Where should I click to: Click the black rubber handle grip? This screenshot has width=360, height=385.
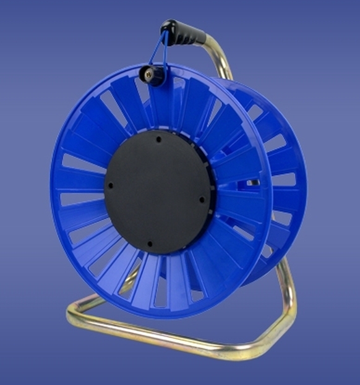tap(183, 33)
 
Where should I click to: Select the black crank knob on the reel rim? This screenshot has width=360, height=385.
tap(152, 75)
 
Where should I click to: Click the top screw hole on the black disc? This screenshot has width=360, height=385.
tap(158, 140)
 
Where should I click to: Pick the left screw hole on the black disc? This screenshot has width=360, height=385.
tap(111, 185)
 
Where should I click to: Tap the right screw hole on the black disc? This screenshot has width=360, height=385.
tap(202, 198)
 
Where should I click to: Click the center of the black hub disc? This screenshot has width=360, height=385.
tap(157, 191)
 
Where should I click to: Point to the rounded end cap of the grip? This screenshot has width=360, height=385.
tap(166, 26)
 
